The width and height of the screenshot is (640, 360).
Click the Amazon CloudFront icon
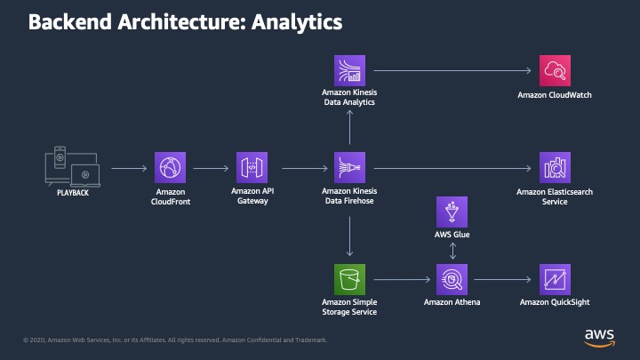point(170,167)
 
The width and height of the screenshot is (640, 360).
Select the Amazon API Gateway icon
point(252,167)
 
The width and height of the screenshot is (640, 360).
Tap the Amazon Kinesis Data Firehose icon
point(350,167)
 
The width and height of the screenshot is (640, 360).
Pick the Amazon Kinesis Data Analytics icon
point(350,70)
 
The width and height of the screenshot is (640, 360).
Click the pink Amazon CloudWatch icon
point(555,70)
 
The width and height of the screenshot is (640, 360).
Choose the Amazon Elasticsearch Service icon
point(555,167)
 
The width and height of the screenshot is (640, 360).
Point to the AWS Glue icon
point(452,212)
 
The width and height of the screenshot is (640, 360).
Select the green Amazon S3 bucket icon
point(350,279)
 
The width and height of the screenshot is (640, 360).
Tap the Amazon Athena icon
point(452,279)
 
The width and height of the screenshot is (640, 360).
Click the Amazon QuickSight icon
point(555,279)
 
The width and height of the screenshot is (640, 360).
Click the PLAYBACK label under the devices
point(73,193)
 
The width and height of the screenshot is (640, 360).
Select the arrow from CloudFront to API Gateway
point(211,168)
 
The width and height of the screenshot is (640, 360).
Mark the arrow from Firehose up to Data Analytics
point(350,127)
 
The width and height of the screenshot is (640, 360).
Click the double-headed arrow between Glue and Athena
point(452,251)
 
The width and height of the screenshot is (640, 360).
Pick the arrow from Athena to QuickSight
point(502,280)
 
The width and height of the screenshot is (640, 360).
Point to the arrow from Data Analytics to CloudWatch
point(452,70)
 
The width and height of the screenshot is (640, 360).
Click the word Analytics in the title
point(297,22)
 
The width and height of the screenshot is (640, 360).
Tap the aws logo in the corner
point(599,338)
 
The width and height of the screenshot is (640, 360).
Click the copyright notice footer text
point(175,340)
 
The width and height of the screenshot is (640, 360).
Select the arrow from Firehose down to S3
point(350,236)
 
